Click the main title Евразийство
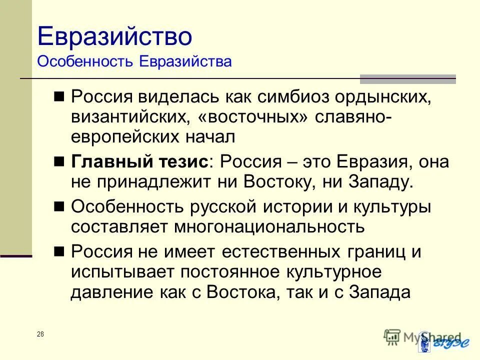pos(114,37)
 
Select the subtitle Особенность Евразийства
pos(134,62)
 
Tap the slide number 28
pos(40,334)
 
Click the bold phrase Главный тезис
pos(139,162)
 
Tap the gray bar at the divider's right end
pos(408,79)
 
